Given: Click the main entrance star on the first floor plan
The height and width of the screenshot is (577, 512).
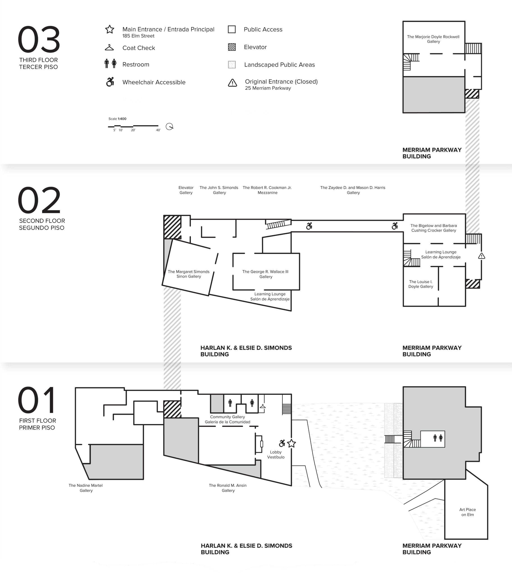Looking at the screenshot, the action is point(291,444).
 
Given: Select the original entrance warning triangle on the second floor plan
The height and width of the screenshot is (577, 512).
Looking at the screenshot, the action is point(482,256).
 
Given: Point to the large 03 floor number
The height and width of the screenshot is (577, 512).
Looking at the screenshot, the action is point(39,39).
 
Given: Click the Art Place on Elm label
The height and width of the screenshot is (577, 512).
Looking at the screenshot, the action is point(467,512).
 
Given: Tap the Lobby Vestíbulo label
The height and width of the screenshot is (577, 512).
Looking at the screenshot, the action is point(276,454).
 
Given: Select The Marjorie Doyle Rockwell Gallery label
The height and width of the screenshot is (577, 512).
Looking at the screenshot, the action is point(433,39).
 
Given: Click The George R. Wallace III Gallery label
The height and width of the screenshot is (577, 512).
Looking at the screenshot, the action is point(265,274).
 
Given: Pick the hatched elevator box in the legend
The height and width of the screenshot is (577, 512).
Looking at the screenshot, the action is point(232,47).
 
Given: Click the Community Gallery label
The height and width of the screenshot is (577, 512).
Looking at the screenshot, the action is point(227,417).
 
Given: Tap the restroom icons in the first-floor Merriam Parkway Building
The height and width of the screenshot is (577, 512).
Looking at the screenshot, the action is point(438,438).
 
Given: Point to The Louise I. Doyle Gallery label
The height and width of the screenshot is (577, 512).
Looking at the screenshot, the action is point(421,284).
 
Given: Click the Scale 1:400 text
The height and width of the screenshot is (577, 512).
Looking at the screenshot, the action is point(117,119).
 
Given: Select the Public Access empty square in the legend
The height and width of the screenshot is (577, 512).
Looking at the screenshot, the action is point(232,29).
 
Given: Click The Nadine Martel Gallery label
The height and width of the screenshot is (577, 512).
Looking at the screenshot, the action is point(86,488).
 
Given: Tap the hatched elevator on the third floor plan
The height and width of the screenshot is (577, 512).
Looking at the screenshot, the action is point(472,94).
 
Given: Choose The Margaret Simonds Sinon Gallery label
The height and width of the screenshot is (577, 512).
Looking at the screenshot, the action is point(189,274).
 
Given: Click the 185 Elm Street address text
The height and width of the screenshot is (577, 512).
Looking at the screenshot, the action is point(138,36).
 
